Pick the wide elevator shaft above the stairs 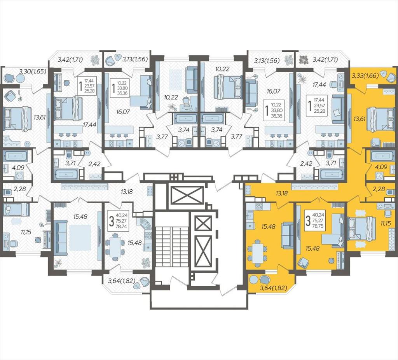point(187,195)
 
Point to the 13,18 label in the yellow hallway point(282,194)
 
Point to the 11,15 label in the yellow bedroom point(387,223)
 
